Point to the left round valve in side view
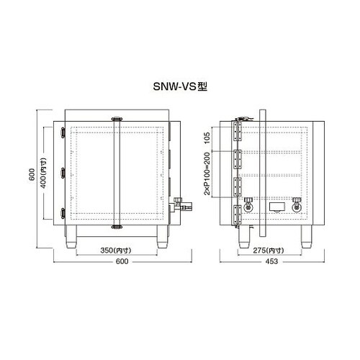tap(248, 205)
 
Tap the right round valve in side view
tap(296, 205)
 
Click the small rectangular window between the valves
tap(276, 207)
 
